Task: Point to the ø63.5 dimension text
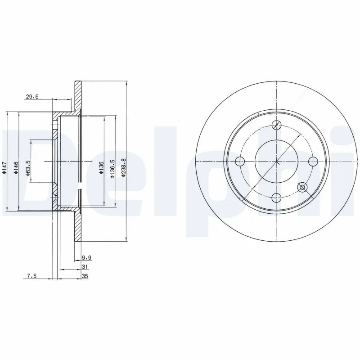click(x=27, y=167)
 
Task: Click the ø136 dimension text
click(x=101, y=167)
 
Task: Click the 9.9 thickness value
click(x=86, y=258)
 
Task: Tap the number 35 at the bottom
click(x=84, y=277)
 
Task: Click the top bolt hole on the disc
click(x=277, y=125)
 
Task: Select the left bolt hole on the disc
click(x=240, y=161)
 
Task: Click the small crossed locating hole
click(x=302, y=186)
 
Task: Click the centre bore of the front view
click(x=277, y=161)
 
